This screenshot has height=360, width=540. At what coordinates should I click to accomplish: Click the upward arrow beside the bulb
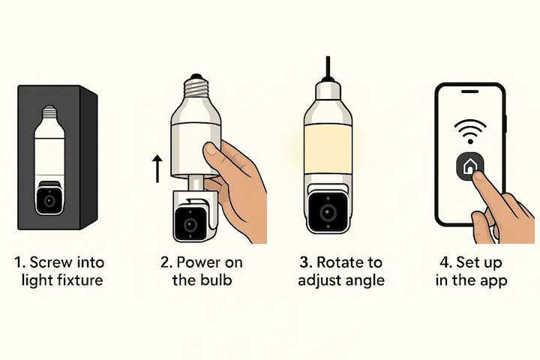tap(157, 169)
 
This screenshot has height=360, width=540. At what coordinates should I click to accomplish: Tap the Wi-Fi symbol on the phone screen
tap(469, 131)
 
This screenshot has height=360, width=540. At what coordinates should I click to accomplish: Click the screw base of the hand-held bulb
tap(196, 85)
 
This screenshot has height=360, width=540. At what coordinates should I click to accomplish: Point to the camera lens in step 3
tap(328, 211)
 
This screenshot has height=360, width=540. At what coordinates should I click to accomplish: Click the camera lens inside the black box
tap(50, 200)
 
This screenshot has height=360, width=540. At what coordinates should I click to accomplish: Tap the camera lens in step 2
tap(190, 225)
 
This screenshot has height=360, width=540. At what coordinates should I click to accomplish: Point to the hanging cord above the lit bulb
tap(328, 67)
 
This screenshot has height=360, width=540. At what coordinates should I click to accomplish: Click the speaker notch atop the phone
tap(469, 91)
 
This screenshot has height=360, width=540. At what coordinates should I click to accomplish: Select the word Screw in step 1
tap(52, 262)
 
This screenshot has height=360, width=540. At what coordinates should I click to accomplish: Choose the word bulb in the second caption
tap(217, 280)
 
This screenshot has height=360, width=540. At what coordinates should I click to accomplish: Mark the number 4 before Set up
tap(444, 262)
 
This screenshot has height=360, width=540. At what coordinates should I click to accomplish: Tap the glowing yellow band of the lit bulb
tap(328, 148)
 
